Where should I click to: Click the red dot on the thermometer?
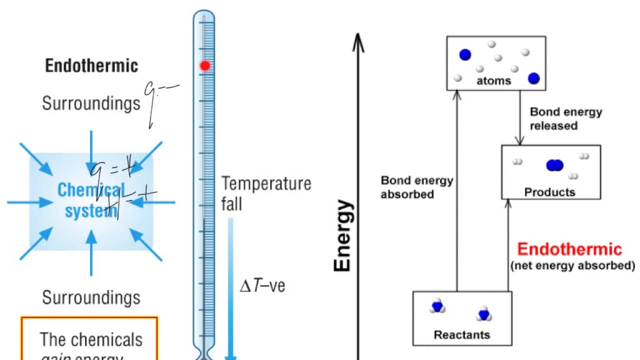tap(205, 65)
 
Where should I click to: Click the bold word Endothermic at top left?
tap(91, 66)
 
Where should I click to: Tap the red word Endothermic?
tap(569, 249)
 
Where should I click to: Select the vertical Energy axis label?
tap(342, 236)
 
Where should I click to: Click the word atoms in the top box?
tap(494, 80)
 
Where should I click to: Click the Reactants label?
tap(462, 334)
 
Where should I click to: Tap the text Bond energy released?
tap(566, 118)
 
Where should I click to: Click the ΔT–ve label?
tap(263, 286)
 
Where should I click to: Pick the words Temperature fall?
tap(266, 193)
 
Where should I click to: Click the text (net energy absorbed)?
tap(572, 265)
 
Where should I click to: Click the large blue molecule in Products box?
tap(554, 165)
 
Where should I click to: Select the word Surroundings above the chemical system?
tap(91, 103)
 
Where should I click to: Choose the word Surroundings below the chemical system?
tap(91, 298)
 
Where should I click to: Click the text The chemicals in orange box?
tap(91, 340)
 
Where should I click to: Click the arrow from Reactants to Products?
tap(508, 245)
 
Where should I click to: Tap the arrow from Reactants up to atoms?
tap(456, 190)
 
